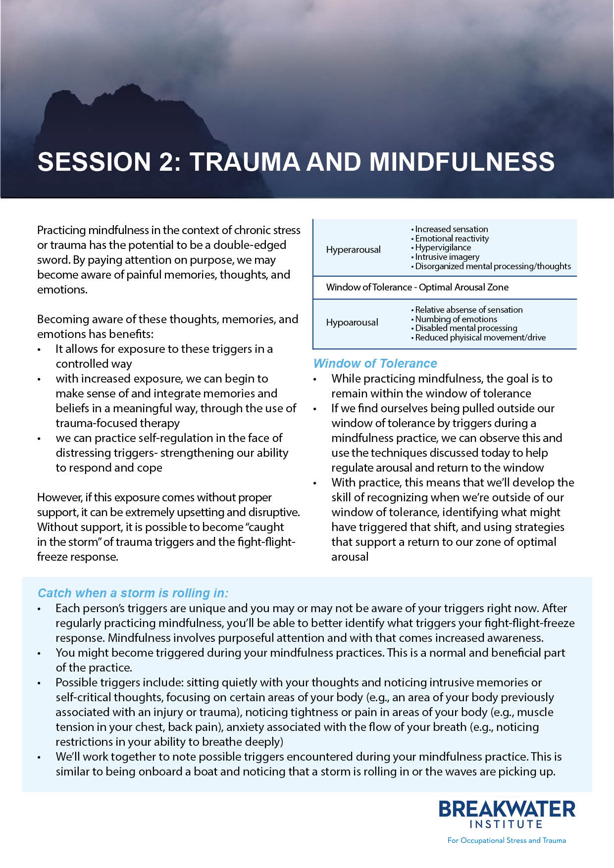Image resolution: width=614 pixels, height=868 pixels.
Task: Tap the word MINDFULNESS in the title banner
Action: [461, 162]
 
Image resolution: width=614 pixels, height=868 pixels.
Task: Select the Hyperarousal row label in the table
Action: [353, 249]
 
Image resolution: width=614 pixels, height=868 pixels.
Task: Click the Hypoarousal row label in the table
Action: [352, 322]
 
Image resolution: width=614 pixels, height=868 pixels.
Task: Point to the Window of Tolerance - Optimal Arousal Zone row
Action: [417, 287]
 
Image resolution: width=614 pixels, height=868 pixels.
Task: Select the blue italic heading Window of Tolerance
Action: [375, 363]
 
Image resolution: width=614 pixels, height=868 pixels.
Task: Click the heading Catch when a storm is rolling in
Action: [133, 593]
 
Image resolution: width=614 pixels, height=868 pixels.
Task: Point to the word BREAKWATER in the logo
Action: [507, 809]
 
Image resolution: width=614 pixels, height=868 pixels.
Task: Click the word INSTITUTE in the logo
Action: [506, 824]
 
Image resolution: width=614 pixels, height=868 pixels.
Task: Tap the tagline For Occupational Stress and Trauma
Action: [506, 840]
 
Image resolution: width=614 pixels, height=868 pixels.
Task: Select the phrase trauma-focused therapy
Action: [117, 423]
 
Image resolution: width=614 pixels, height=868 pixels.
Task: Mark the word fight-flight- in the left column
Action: [270, 542]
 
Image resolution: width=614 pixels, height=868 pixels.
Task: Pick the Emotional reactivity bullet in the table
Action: [452, 239]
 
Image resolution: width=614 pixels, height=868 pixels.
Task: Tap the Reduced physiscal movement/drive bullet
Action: [480, 338]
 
